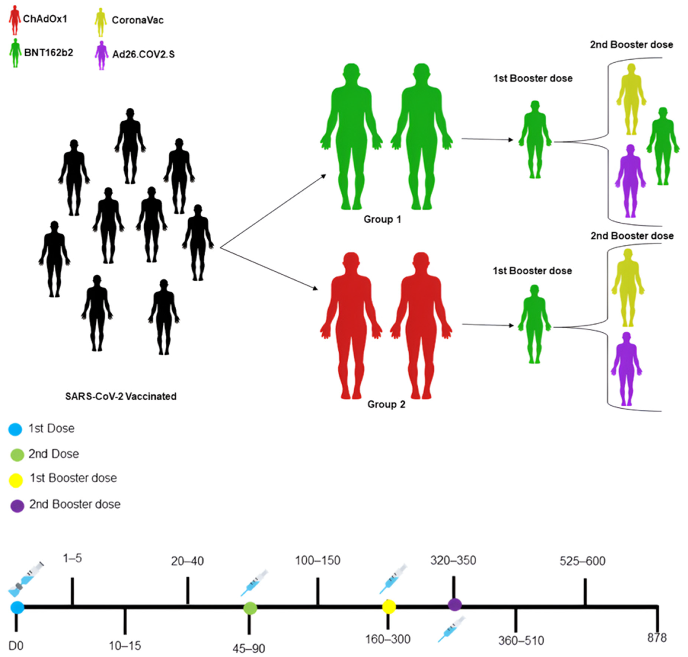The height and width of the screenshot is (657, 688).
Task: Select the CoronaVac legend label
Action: coord(137,20)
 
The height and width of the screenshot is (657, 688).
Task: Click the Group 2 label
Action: coord(386,404)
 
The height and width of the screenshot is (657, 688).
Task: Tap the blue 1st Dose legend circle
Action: coord(15,429)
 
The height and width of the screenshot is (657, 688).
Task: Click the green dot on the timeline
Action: coord(250,608)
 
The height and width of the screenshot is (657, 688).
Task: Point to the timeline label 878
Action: coord(656,638)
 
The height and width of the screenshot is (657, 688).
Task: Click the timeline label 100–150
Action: coord(317,561)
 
